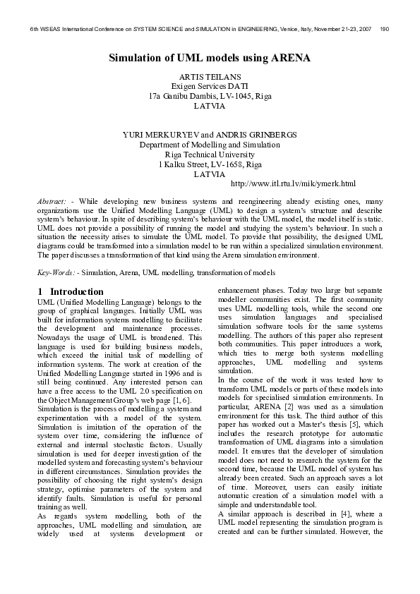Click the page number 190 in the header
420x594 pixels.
[x=384, y=30]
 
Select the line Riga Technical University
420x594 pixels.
[x=210, y=154]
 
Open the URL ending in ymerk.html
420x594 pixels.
[x=293, y=185]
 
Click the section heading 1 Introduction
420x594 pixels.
[x=71, y=291]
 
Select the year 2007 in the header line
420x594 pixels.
[x=363, y=30]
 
